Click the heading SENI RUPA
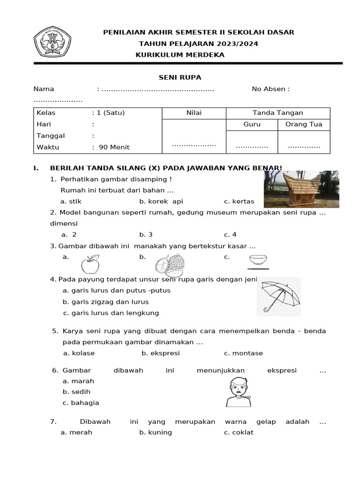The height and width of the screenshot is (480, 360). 179,77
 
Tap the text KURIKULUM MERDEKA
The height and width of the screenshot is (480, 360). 180,55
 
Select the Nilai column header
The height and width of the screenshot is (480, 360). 194,113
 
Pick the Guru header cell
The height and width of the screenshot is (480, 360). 252,125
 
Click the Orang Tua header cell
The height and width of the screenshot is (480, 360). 304,125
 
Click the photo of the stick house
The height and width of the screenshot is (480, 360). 301,189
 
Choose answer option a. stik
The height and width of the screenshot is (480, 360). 71,202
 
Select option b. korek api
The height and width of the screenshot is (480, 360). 161,202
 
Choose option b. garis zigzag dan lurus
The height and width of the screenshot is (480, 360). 105,302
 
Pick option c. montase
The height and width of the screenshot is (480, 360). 243,353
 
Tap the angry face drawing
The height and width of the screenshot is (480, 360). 238,391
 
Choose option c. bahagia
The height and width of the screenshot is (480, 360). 81,403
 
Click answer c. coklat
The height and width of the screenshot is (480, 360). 239,433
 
